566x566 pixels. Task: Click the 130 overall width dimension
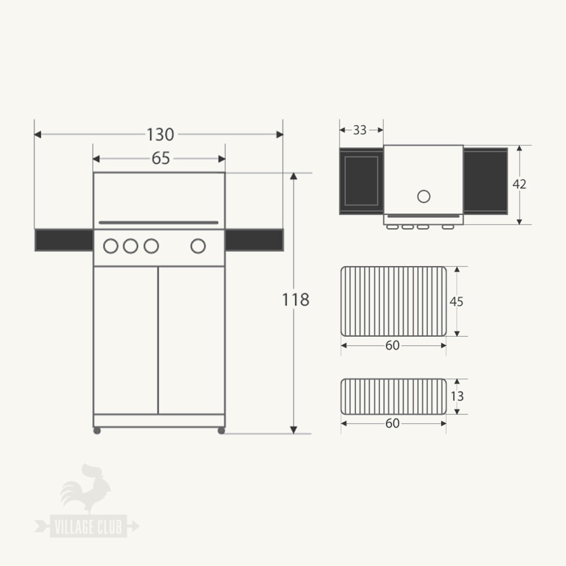point(160,135)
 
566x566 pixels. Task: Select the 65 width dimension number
point(161,158)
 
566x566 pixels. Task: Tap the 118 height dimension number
point(295,299)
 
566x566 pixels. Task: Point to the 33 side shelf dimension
point(360,130)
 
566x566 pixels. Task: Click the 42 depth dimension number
point(520,184)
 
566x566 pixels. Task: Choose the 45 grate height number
point(456,302)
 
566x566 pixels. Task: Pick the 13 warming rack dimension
point(457,396)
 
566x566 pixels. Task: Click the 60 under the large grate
point(392,345)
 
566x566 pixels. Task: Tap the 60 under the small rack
point(392,423)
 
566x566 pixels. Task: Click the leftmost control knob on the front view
point(111,246)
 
